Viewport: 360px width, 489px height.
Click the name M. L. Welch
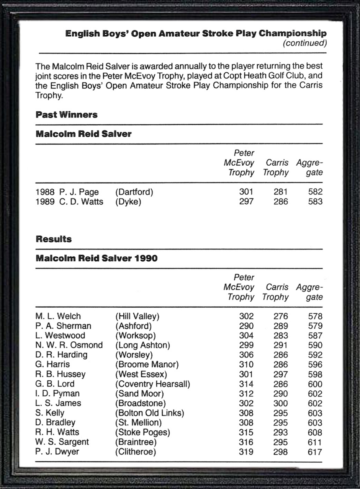pyautogui.click(x=58, y=316)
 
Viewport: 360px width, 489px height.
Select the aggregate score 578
pyautogui.click(x=315, y=316)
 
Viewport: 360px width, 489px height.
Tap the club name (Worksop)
pyautogui.click(x=135, y=336)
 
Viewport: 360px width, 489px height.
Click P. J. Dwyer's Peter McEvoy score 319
pyautogui.click(x=246, y=452)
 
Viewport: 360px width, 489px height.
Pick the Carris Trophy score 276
pyautogui.click(x=281, y=316)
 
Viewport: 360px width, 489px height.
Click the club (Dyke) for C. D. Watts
pyautogui.click(x=128, y=202)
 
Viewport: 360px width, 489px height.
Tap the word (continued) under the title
pyautogui.click(x=304, y=43)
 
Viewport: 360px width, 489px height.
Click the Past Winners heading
pyautogui.click(x=67, y=115)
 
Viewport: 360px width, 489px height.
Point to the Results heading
pyautogui.click(x=54, y=239)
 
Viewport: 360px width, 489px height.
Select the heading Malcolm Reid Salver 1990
pyautogui.click(x=97, y=258)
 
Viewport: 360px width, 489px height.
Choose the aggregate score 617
pyautogui.click(x=315, y=452)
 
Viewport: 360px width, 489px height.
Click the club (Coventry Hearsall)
pyautogui.click(x=152, y=384)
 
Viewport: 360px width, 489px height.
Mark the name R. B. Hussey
pyautogui.click(x=60, y=375)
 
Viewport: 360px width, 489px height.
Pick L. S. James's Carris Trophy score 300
pyautogui.click(x=281, y=404)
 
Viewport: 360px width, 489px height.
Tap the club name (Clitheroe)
pyautogui.click(x=136, y=452)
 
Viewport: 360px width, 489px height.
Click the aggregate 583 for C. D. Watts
pyautogui.click(x=315, y=202)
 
